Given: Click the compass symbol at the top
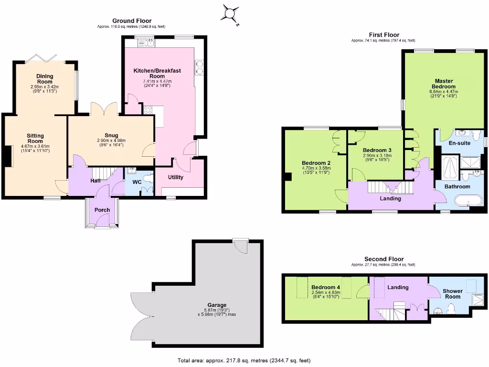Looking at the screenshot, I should tap(230, 13).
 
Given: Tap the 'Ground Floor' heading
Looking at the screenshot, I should tap(132, 21).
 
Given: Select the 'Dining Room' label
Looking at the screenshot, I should tap(45, 79).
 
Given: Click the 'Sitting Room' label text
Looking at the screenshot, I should tap(35, 139).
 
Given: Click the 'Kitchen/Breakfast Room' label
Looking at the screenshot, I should tap(157, 74).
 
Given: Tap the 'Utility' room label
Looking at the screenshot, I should tap(176, 177).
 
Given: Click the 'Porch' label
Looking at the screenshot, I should tap(102, 210).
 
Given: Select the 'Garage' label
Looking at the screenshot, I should tap(217, 305).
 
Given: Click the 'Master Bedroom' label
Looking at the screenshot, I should tap(444, 84).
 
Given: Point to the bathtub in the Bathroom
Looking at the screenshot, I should tap(468, 200).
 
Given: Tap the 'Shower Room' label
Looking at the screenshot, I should tap(453, 294).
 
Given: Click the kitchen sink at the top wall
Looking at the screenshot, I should tap(146, 43).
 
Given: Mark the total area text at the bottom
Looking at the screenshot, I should tap(246, 361).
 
